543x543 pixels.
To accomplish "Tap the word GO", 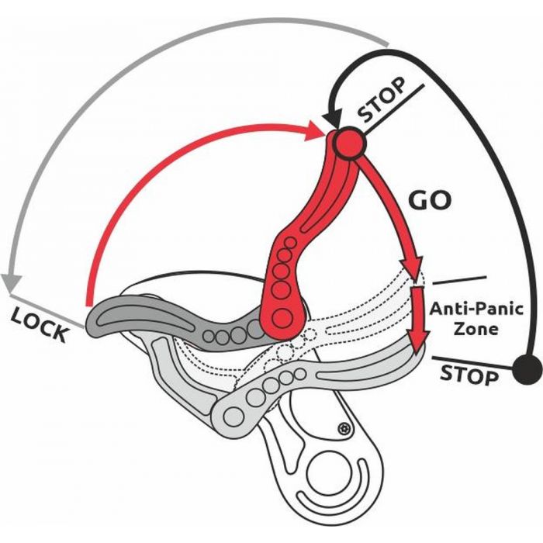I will click(x=429, y=201).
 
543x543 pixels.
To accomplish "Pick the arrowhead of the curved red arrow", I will click(x=317, y=132).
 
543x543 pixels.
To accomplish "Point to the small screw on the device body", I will click(x=343, y=428).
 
